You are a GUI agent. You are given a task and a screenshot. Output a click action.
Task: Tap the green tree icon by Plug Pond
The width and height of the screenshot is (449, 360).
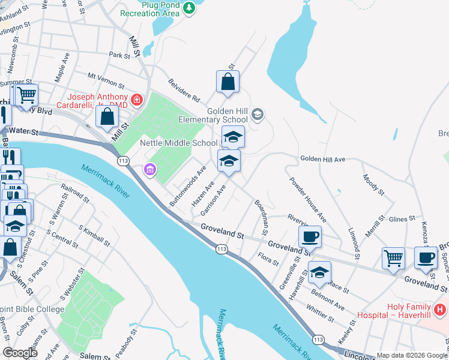pos(189,8)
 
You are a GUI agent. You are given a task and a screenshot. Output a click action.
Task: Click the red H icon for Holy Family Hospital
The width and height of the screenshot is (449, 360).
pos(441,310)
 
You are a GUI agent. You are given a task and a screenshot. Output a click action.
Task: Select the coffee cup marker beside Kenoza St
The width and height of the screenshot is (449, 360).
pos(426,257)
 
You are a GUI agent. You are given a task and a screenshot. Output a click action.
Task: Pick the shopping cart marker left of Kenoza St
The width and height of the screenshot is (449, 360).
pos(393,258)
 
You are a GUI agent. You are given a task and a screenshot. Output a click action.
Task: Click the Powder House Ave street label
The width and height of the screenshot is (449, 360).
pos(307,199)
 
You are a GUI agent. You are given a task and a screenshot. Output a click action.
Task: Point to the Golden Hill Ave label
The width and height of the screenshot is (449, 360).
pos(323,159)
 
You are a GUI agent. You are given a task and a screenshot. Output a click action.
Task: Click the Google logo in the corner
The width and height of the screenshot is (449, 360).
pos(20,353)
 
